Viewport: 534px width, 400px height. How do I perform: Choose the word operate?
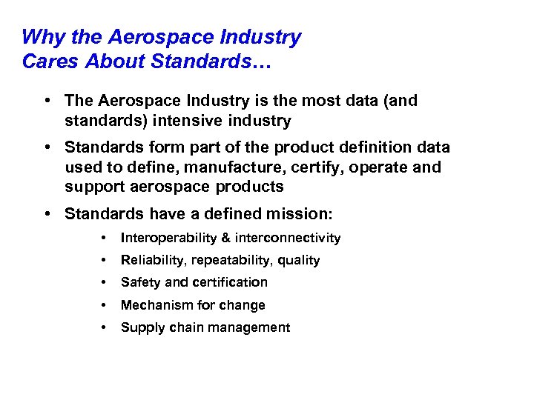[x=360, y=167]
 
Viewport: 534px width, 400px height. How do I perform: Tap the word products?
[x=249, y=187]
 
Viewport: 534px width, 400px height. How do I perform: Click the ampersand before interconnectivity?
[x=225, y=238]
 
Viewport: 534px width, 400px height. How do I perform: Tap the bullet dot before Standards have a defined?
[x=47, y=214]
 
